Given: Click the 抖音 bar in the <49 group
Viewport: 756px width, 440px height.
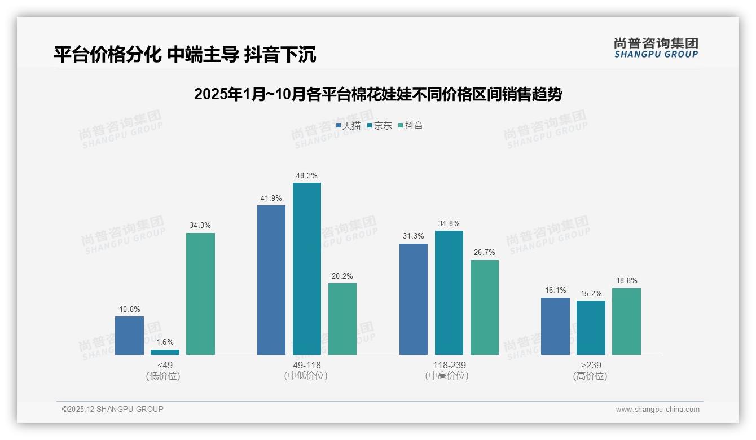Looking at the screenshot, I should click(x=200, y=294).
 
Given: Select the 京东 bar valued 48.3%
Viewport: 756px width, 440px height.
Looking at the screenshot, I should click(x=306, y=269).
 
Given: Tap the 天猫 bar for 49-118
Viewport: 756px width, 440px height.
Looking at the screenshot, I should click(x=271, y=280).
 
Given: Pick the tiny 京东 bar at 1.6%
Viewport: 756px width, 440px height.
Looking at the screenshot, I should click(x=165, y=352).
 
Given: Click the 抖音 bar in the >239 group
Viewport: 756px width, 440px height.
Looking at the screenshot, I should click(x=626, y=322).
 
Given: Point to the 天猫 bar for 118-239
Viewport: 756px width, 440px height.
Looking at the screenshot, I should click(x=414, y=299).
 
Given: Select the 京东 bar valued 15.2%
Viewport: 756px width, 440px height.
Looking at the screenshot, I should click(x=591, y=328).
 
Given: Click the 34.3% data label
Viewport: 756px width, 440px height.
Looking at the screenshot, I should click(x=200, y=226).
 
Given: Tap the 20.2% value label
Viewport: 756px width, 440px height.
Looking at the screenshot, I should click(x=342, y=276).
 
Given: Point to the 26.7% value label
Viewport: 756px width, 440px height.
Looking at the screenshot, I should click(x=485, y=253).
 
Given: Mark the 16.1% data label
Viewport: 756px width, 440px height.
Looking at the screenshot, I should click(x=555, y=291).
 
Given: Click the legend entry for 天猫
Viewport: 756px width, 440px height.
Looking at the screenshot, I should click(x=348, y=126).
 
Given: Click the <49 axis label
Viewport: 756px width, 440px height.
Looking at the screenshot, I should click(x=165, y=365).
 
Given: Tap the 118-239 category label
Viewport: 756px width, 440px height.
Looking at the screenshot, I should click(x=449, y=365).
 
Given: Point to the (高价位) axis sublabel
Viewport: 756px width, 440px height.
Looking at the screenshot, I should click(x=591, y=376).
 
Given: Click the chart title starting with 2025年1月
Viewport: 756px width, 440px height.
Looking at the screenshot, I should click(x=378, y=94).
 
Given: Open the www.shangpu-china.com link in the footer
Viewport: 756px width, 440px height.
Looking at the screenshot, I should click(x=657, y=410).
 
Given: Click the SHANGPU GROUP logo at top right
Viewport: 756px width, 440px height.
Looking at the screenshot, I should click(x=656, y=48).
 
